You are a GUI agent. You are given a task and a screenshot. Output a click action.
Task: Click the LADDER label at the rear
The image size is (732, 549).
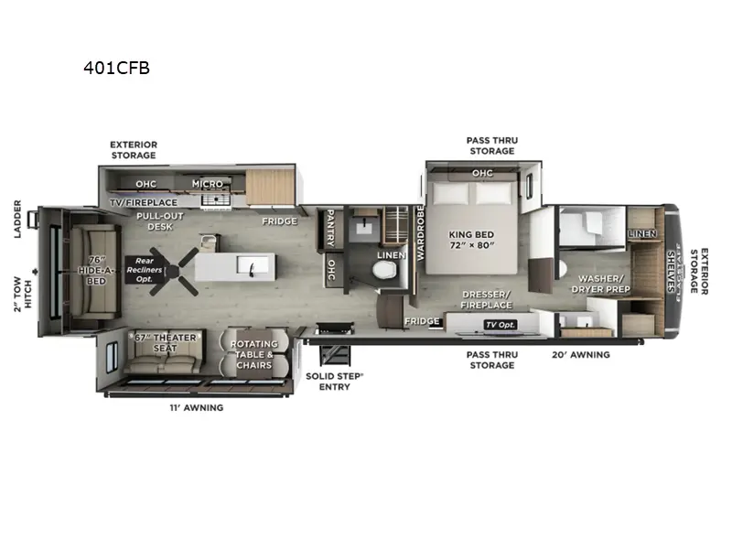pyautogui.click(x=17, y=220)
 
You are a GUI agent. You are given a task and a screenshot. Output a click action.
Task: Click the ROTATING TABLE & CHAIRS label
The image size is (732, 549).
pyautogui.click(x=252, y=354)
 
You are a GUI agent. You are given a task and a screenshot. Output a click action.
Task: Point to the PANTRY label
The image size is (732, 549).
pyautogui.click(x=328, y=228)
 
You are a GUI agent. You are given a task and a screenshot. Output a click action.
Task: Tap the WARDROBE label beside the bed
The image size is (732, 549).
pyautogui.click(x=421, y=234)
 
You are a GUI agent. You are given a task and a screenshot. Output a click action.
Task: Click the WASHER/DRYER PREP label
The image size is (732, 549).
pyautogui.click(x=601, y=284)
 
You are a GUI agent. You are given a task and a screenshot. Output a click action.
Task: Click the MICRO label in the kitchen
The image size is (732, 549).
pyautogui.click(x=208, y=184)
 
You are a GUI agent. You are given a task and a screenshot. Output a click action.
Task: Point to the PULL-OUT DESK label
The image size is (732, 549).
pyautogui.click(x=156, y=221)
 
